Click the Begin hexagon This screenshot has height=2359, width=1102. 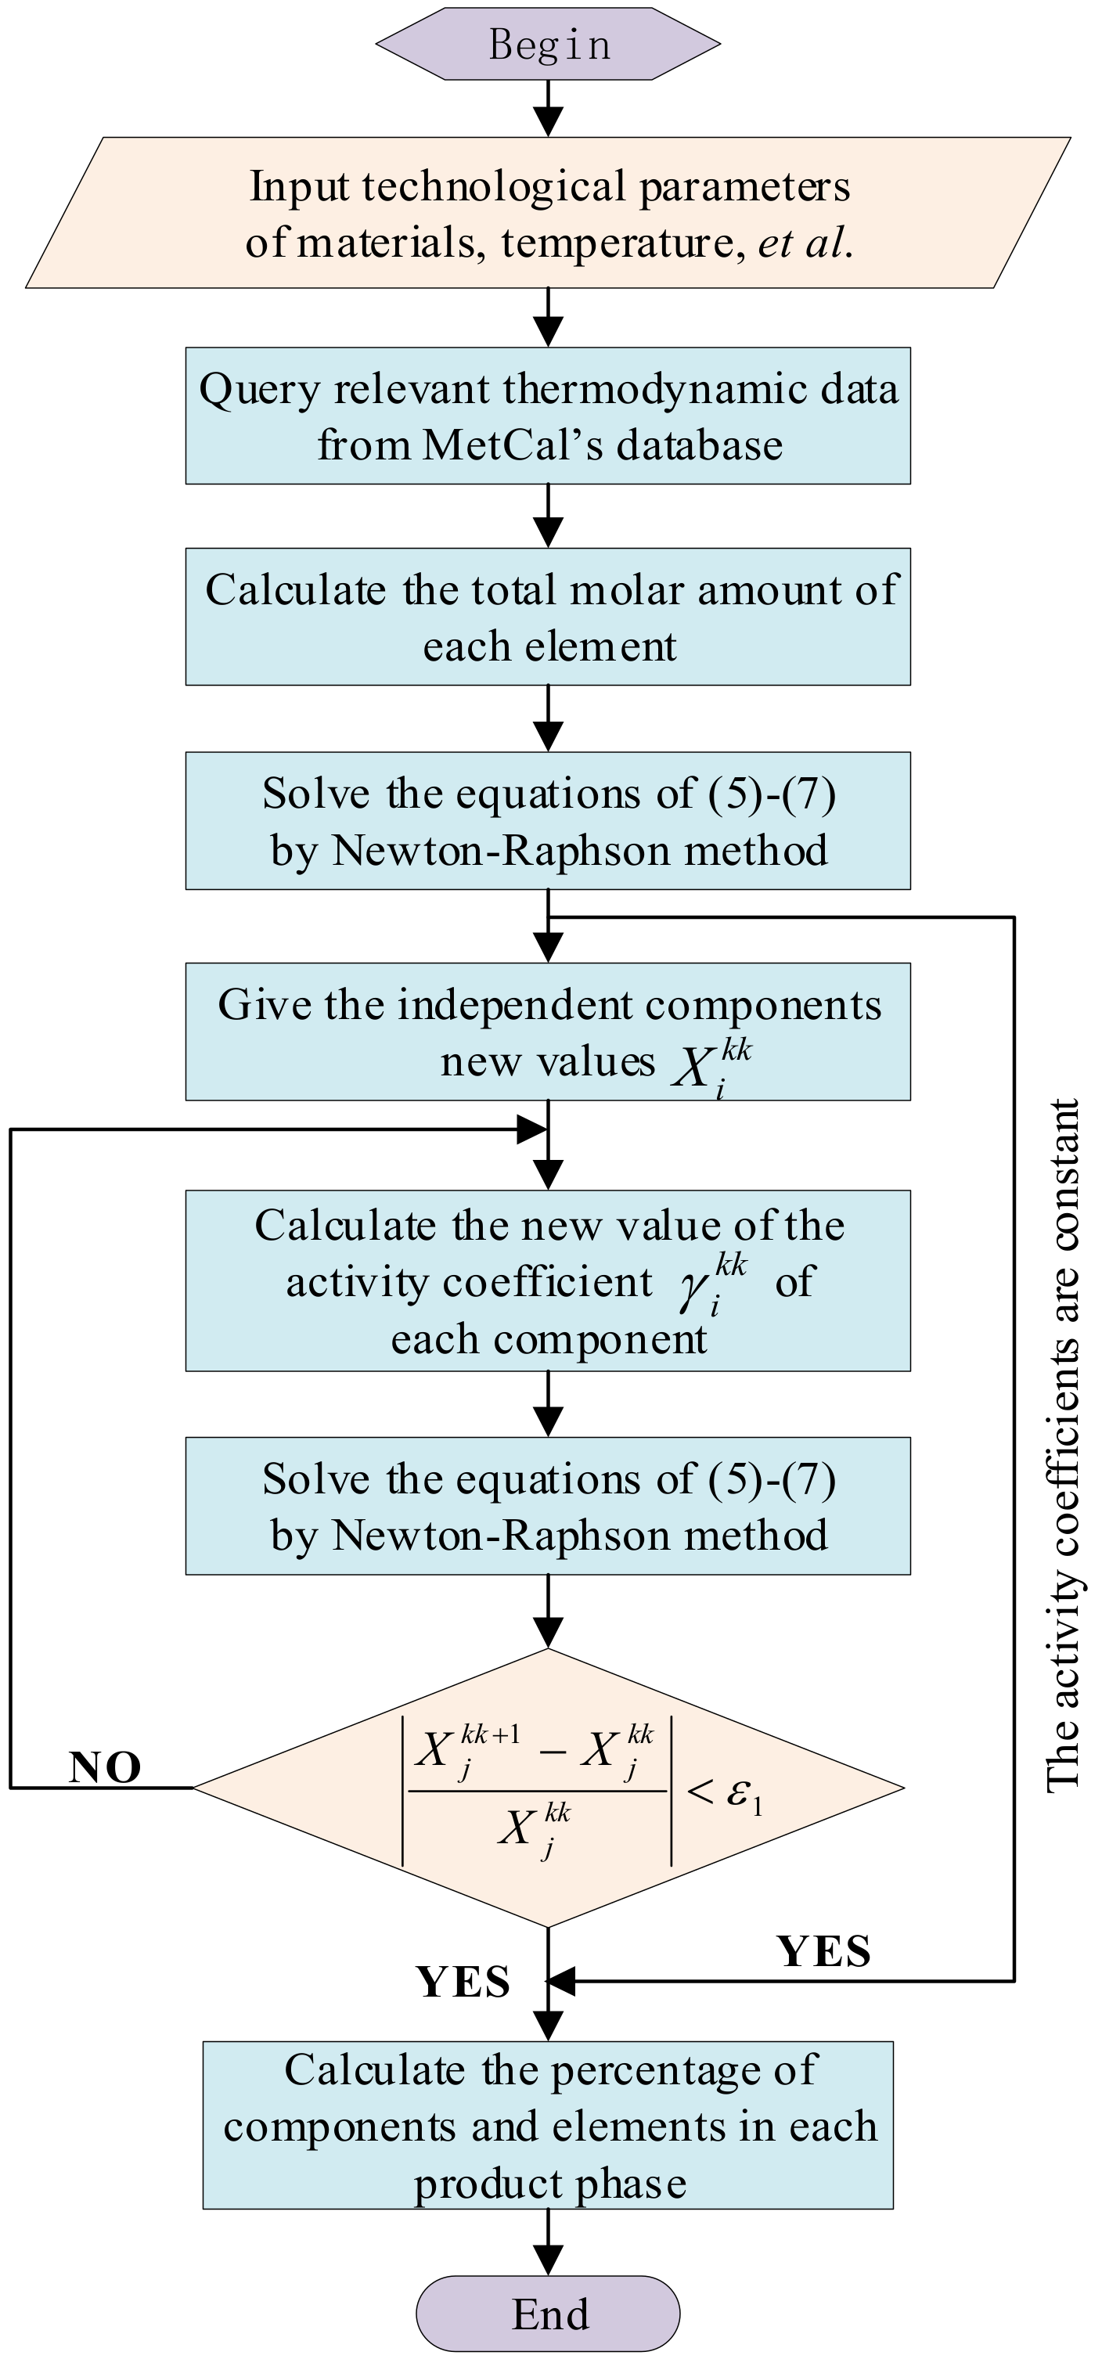click(x=548, y=45)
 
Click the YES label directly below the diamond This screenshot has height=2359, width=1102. click(x=463, y=1982)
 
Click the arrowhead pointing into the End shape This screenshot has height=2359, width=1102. click(x=548, y=2259)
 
